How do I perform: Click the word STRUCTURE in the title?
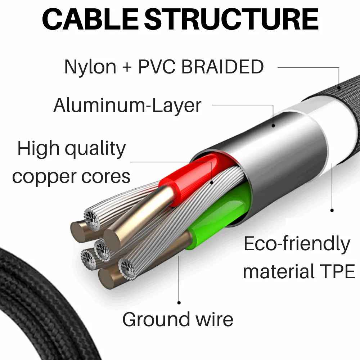point(234,20)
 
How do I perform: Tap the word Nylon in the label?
point(90,67)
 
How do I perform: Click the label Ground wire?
point(177,319)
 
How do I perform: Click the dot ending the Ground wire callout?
point(179,303)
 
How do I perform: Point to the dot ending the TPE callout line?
point(332,210)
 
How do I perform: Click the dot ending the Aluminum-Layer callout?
point(274,125)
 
